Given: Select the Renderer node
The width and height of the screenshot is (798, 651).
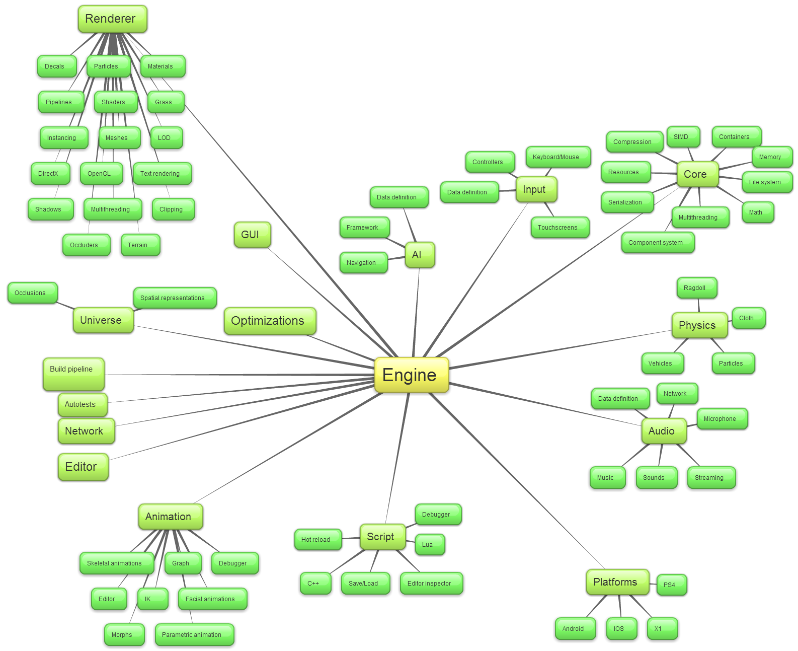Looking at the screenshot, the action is (112, 19).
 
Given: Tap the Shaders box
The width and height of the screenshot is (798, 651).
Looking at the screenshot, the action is (115, 102).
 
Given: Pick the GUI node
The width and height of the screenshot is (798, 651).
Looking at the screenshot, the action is (252, 235).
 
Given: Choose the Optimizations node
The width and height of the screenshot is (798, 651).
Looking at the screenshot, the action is (270, 321).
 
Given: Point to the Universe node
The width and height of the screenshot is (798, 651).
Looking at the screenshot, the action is (103, 320).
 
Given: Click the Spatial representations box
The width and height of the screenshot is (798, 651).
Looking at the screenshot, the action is (175, 298).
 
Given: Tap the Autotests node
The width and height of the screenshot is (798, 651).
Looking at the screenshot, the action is (82, 404).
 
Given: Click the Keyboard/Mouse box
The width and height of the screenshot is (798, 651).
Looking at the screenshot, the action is (557, 157).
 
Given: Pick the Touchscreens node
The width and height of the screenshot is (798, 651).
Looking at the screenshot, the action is (560, 228).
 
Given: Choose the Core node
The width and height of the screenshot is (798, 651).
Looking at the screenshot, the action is (697, 174).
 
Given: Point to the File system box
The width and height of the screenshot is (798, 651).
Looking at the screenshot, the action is (767, 182).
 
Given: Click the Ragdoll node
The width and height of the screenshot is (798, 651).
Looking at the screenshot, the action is (696, 288).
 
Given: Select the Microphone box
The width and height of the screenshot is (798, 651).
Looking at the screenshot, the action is (722, 419).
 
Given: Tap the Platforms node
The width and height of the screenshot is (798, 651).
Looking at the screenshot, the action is (617, 582).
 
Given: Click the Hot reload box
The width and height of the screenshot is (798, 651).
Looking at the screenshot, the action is (317, 540).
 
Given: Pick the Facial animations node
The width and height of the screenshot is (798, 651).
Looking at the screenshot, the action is (212, 599).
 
